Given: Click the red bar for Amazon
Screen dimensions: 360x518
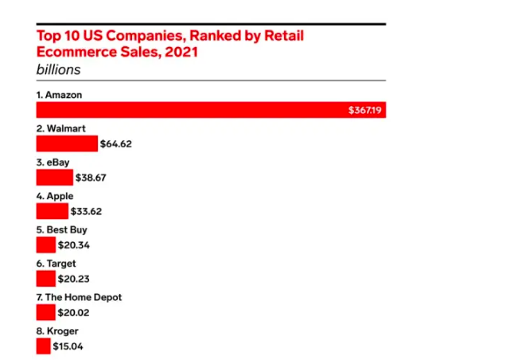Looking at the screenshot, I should (191, 110).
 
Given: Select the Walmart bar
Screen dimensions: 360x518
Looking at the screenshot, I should (67, 143).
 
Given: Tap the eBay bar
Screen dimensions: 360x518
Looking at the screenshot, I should (54, 177).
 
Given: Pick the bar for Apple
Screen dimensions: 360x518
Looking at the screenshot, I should (53, 211).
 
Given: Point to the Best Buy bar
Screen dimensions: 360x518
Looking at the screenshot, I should (46, 245).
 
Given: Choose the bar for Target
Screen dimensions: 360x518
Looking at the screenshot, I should (46, 278).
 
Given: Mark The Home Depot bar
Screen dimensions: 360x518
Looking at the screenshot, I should (46, 312).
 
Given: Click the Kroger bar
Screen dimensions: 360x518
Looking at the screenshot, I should (44, 346).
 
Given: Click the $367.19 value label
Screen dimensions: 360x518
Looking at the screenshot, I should (366, 110).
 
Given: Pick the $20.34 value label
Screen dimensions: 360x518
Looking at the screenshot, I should (74, 245).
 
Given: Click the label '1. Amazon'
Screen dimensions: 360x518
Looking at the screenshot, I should (60, 95).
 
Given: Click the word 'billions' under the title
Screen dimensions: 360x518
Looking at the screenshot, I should (58, 69).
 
